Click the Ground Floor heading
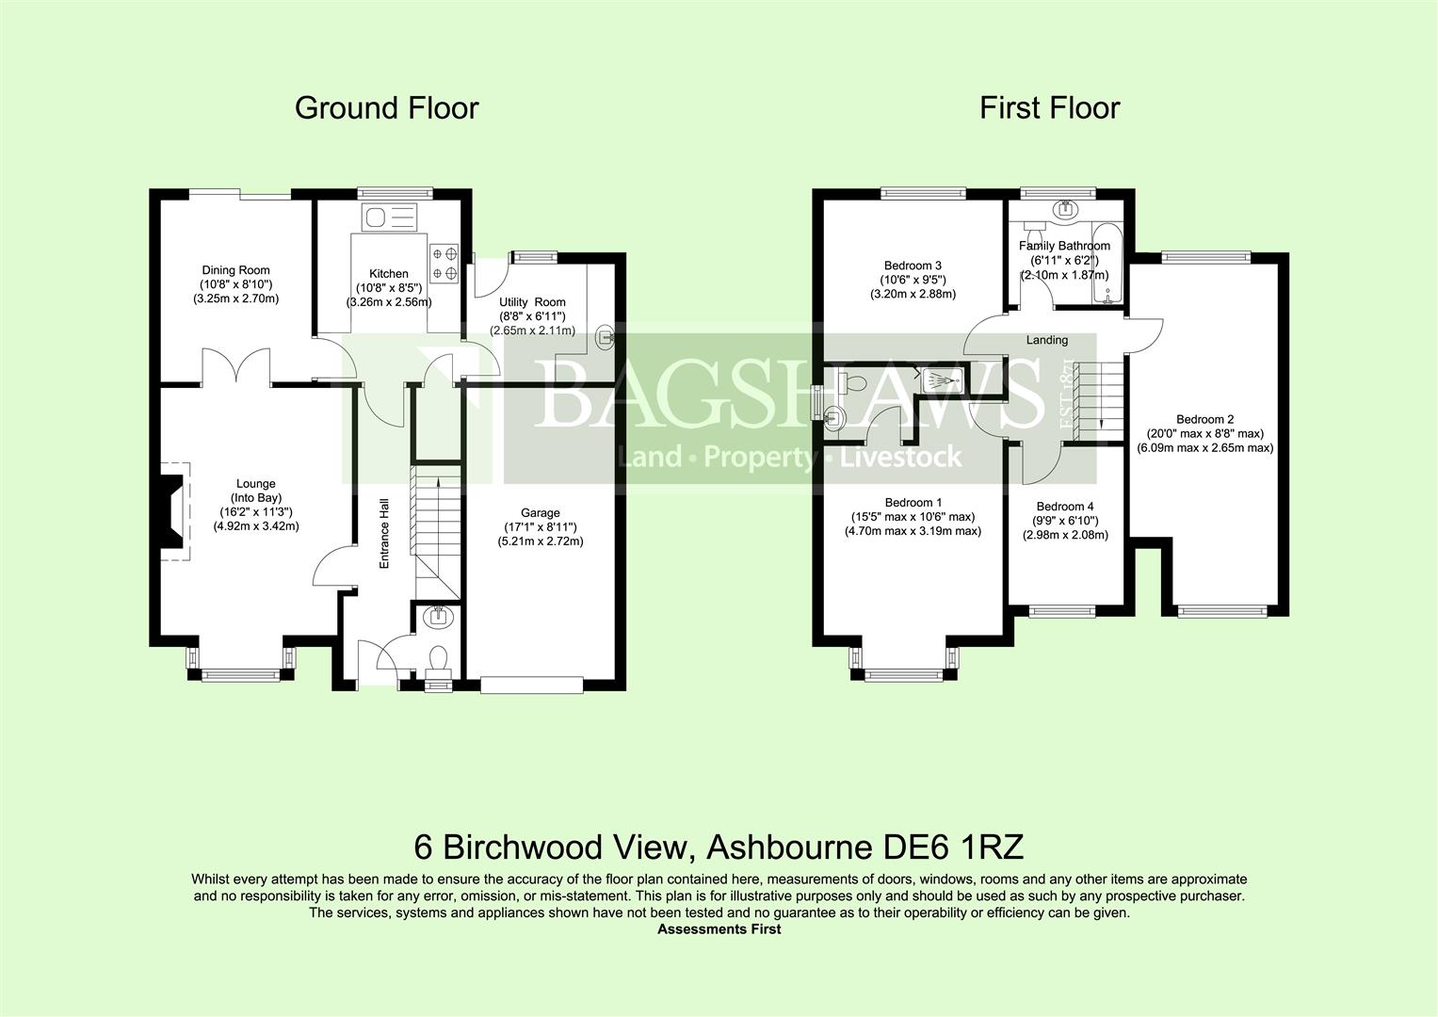pos(386,108)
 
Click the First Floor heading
pos(1049,108)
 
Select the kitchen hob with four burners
pos(444,263)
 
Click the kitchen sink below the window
pos(389,218)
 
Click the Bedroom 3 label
pos(913,266)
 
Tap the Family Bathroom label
pos(1064,246)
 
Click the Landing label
pos(1046,340)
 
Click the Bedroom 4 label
pos(1064,507)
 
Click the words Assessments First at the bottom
pos(719,929)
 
